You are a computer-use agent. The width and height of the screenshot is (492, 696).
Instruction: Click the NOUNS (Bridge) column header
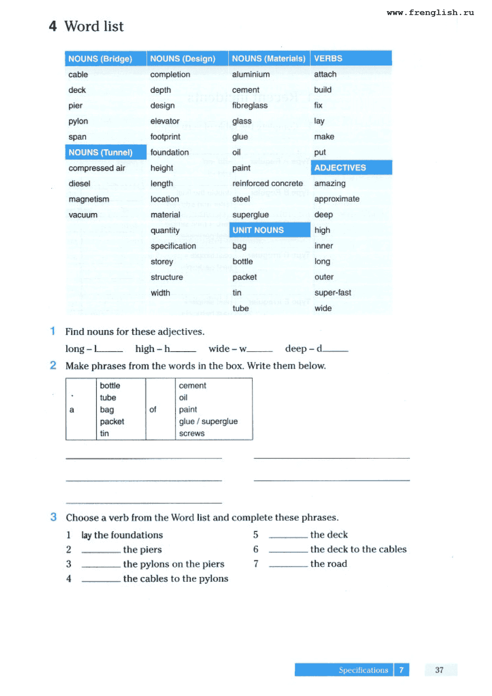(x=100, y=59)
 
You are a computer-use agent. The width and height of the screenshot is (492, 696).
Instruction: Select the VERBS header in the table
(x=328, y=58)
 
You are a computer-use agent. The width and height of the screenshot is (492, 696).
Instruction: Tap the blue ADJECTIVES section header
(x=340, y=167)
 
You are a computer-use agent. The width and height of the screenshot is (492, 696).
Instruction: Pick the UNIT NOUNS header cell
(x=258, y=230)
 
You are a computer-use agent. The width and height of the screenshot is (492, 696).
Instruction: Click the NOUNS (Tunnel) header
(x=100, y=152)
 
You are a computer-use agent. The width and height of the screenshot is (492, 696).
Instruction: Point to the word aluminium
(x=251, y=74)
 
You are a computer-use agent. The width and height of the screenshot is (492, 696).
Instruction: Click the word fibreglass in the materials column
(x=250, y=106)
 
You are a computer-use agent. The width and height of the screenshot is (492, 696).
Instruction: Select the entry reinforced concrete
(x=267, y=183)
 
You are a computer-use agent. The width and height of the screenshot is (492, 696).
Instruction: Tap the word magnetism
(x=89, y=199)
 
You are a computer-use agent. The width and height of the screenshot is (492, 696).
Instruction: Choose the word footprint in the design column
(x=165, y=137)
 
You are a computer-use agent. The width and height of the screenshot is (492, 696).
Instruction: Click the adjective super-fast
(x=332, y=293)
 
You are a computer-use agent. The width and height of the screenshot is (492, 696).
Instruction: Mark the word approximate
(x=337, y=199)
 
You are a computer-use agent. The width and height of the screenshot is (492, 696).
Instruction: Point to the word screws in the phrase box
(x=192, y=433)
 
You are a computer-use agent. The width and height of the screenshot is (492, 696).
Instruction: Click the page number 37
(x=439, y=670)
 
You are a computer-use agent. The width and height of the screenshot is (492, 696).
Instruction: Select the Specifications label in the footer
(x=363, y=670)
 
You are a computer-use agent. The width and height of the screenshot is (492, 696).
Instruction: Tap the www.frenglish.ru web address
(x=430, y=13)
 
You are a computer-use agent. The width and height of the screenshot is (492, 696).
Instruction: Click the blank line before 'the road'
(x=288, y=565)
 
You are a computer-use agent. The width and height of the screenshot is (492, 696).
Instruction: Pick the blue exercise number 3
(x=54, y=517)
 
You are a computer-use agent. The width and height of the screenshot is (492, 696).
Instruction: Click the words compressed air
(x=97, y=168)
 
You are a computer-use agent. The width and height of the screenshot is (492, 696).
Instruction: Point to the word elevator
(x=165, y=121)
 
